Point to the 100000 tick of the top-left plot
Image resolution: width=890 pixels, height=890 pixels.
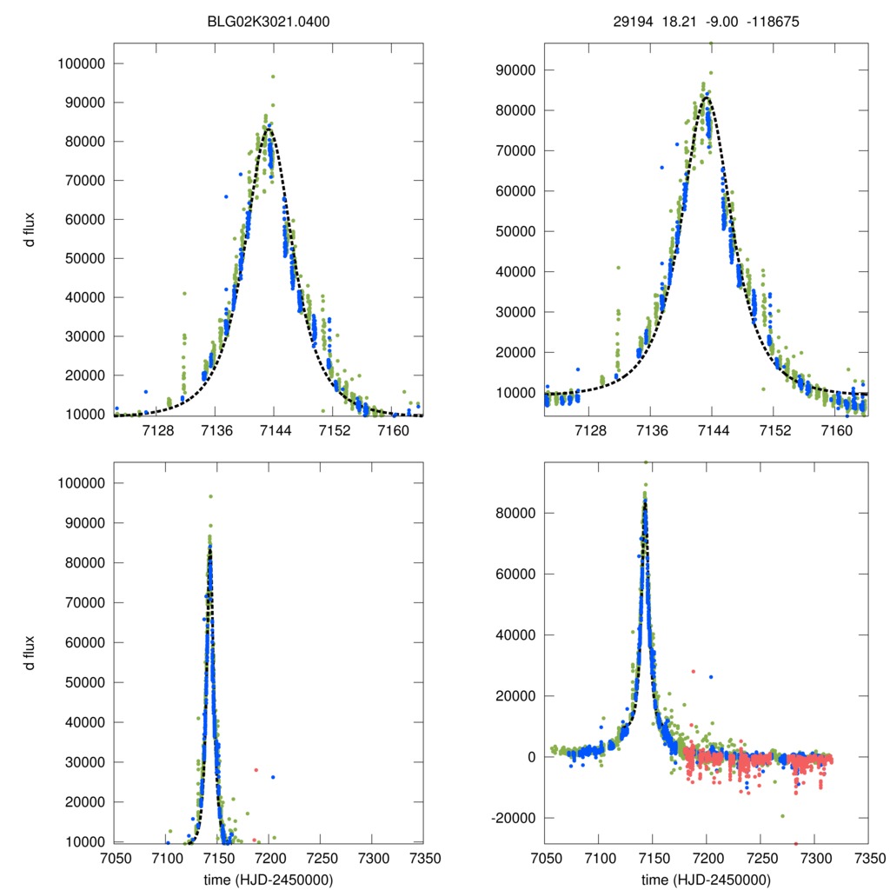point(81,63)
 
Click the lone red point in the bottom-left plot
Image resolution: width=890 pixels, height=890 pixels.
point(256,770)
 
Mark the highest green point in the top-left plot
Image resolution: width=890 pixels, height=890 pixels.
point(273,76)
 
